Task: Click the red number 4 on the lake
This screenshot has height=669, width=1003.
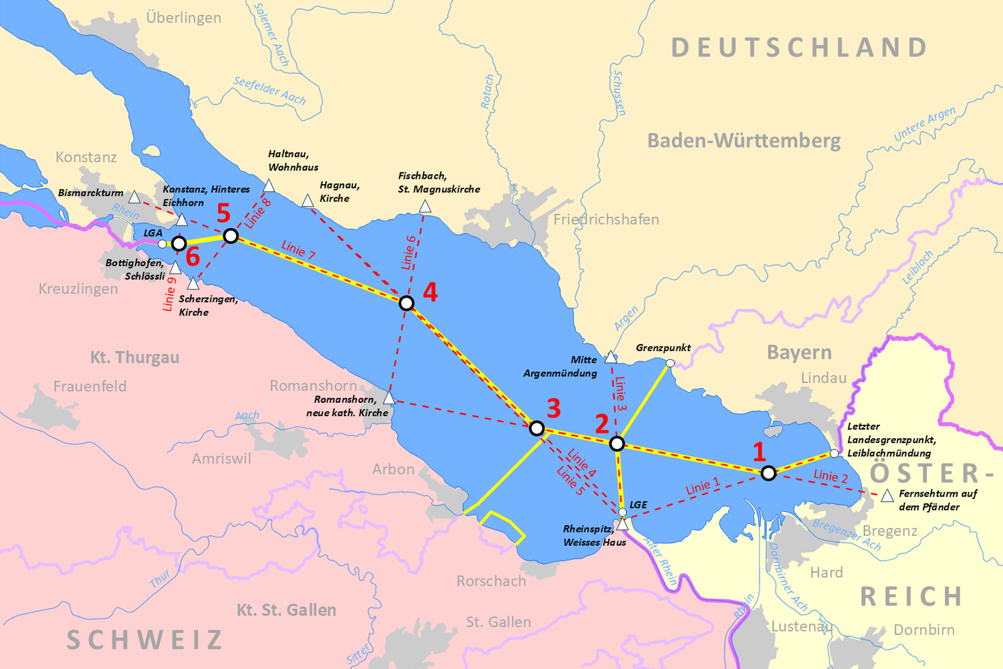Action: [430, 292]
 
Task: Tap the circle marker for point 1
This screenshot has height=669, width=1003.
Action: [768, 473]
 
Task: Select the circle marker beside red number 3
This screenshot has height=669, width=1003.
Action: [536, 428]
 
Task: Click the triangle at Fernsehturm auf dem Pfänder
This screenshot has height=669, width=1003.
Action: [887, 496]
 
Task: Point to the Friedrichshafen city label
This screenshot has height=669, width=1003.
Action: [606, 219]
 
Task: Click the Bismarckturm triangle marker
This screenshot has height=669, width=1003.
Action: [134, 197]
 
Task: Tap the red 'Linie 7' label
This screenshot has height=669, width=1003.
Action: [298, 250]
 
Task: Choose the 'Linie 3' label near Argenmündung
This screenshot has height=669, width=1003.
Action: [621, 393]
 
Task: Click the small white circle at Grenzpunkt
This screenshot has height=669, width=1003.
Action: [670, 363]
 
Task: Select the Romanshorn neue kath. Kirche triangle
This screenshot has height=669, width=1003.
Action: [389, 398]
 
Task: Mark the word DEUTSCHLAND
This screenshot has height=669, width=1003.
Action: [799, 47]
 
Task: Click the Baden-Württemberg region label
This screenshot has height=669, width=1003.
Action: [744, 140]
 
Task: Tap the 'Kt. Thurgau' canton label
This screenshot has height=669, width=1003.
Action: [134, 357]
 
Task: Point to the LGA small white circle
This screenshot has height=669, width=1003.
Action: [162, 244]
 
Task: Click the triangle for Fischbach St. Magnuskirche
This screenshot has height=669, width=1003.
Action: [425, 207]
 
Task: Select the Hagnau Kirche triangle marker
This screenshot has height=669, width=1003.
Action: [308, 201]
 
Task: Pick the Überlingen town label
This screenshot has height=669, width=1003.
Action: [183, 17]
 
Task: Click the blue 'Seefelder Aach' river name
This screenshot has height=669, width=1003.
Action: [269, 90]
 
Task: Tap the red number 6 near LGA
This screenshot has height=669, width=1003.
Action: [193, 257]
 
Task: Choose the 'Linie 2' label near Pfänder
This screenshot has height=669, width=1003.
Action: [830, 476]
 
